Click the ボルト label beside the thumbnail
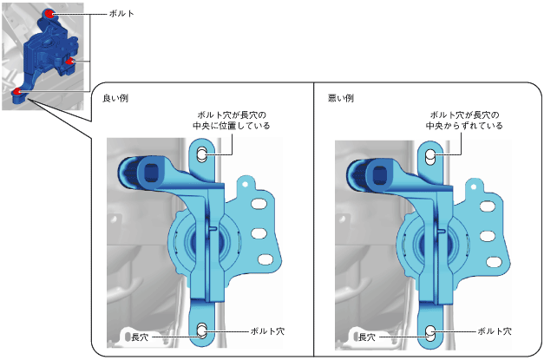point(121,14)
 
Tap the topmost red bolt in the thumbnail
point(49,14)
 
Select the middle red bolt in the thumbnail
point(70,62)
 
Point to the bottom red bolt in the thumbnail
point(17,92)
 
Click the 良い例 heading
point(115,99)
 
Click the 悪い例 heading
point(341,99)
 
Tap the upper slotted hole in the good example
point(202,154)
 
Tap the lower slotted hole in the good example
point(202,331)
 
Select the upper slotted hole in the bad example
point(430,157)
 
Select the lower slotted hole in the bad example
point(430,333)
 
